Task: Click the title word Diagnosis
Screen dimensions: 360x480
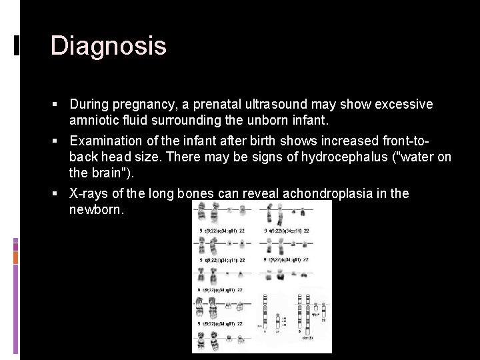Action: coord(108,46)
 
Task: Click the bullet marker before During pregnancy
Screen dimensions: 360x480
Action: coord(60,105)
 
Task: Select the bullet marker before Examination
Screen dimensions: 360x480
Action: coord(60,141)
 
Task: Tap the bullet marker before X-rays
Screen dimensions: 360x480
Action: coord(60,193)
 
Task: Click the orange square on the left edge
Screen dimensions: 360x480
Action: coord(16,257)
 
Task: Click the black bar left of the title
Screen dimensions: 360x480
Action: coord(16,45)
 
